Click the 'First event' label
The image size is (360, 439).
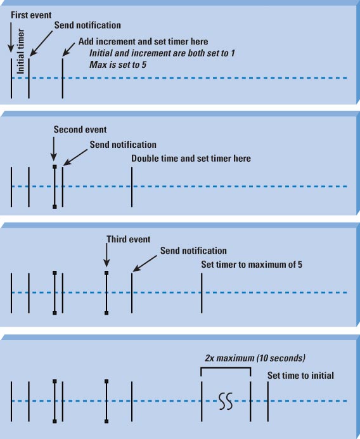tap(31, 15)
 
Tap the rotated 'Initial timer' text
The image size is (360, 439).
tap(21, 51)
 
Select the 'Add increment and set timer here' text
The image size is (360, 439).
tap(143, 41)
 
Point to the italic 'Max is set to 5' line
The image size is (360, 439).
tap(118, 65)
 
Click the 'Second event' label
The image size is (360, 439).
tap(80, 129)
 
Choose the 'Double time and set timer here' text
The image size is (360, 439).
tap(191, 159)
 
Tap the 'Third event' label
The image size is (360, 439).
tap(129, 239)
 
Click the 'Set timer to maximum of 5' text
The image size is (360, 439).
tap(252, 265)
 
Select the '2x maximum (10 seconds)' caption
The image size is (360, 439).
tap(255, 358)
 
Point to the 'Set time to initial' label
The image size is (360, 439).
tap(300, 376)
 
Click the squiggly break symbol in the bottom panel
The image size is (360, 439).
tap(226, 402)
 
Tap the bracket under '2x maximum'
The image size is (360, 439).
tap(226, 368)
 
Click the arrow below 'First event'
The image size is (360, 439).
tap(11, 37)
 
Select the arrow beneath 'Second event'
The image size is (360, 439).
tap(54, 149)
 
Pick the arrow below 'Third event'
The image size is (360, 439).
tap(106, 255)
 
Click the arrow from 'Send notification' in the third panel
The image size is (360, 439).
tap(145, 263)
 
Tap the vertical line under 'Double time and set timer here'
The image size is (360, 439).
tap(132, 187)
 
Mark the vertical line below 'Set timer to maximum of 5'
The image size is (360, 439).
tap(202, 293)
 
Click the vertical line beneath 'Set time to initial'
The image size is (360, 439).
tap(267, 402)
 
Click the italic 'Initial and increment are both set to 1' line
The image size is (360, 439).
tap(162, 53)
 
